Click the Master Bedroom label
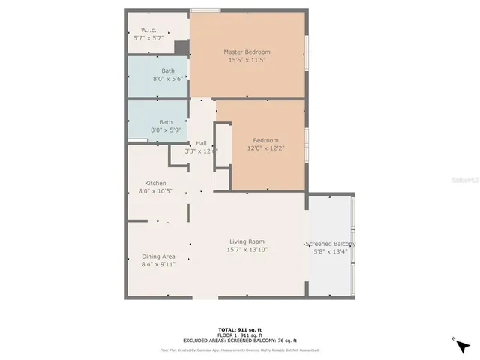pos(247,52)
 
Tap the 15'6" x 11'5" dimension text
pos(247,60)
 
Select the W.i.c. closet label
pos(148,30)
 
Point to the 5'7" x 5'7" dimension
pos(148,38)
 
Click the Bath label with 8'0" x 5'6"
pos(168,70)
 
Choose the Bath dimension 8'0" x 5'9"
pos(166,130)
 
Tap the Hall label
pos(201,142)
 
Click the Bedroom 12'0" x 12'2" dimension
pos(265,148)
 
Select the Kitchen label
pos(155,183)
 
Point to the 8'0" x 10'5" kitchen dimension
pos(155,191)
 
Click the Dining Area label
pos(158,256)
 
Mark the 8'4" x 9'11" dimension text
pos(158,264)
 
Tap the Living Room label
pos(247,241)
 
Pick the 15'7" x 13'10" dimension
pos(247,250)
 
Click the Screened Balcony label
pos(330,244)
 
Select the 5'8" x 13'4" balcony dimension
pos(330,252)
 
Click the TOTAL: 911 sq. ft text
pos(239,330)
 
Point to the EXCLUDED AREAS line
pos(239,340)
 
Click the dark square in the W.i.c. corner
pos(180,48)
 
